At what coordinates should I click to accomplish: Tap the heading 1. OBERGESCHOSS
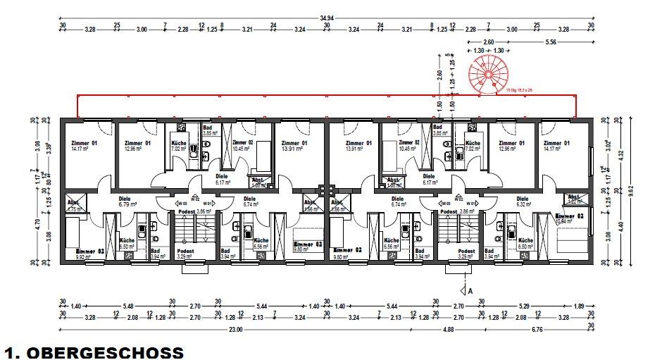point(94,351)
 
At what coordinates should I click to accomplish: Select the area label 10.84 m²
point(566,221)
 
